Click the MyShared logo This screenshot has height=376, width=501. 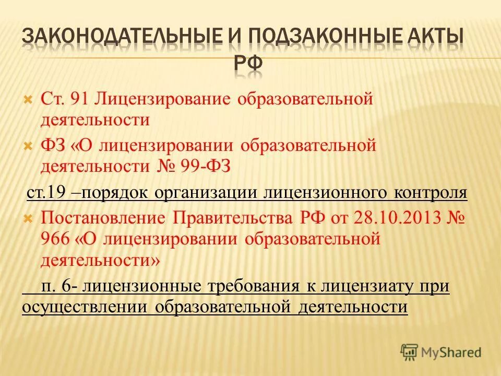point(441,352)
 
